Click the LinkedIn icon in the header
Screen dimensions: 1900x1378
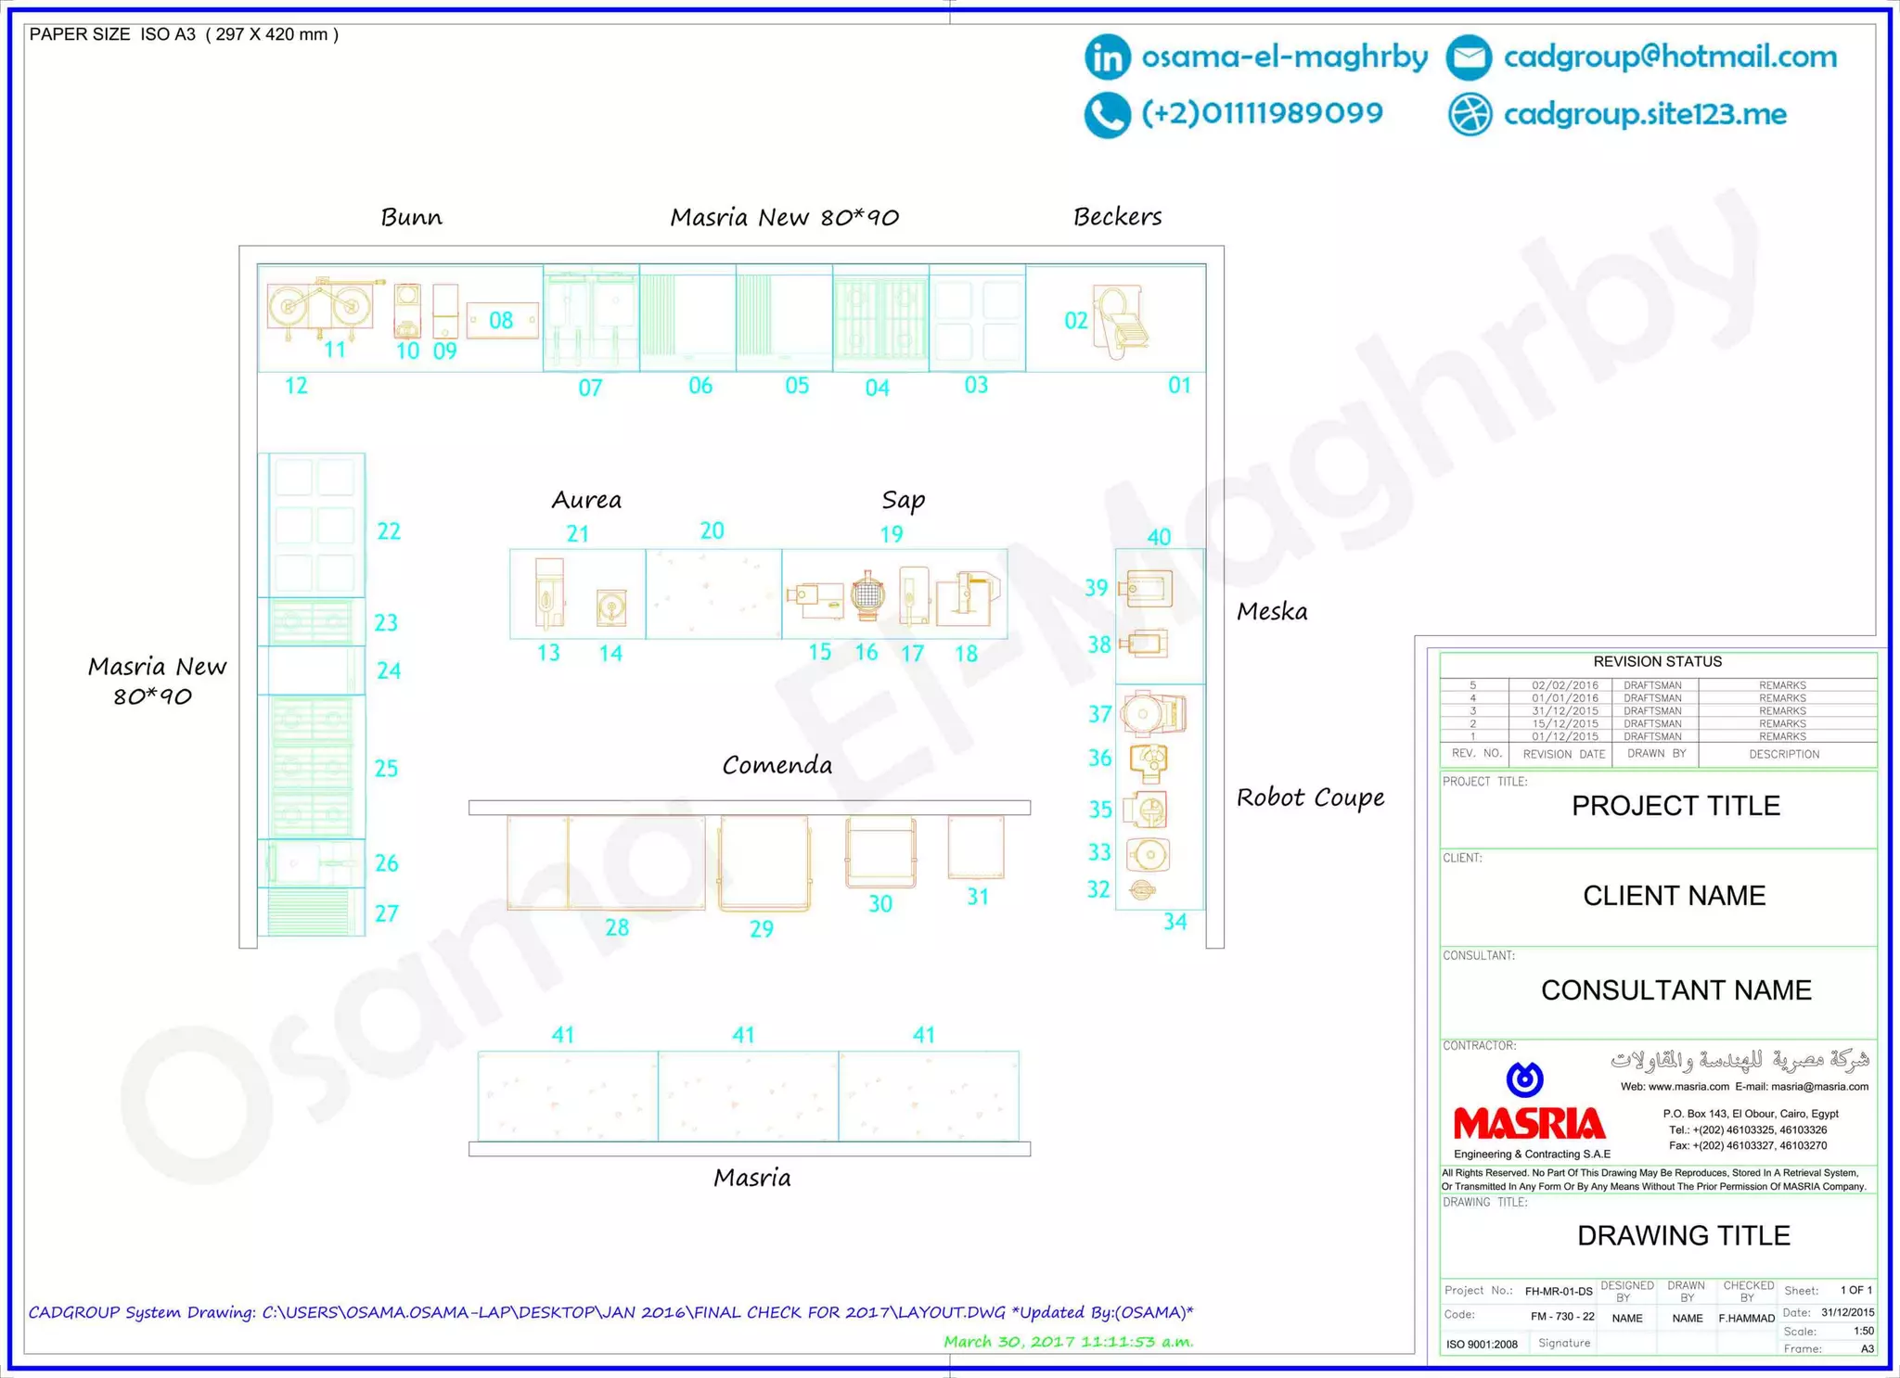1107,57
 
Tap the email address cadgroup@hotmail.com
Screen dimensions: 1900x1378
1670,57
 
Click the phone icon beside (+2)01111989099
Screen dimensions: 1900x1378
1107,115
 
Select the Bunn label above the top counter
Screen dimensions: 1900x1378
411,217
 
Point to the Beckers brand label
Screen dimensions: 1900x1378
1117,217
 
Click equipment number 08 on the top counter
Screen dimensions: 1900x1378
501,321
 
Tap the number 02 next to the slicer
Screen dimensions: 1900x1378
1075,321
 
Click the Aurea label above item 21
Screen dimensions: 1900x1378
586,501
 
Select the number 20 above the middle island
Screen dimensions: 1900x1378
712,530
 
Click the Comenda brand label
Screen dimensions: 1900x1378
777,766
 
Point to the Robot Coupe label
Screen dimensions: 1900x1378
1310,797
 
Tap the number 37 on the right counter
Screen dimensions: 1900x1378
1099,714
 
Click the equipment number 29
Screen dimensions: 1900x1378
762,929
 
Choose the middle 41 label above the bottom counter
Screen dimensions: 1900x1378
743,1035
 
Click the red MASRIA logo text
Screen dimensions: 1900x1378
1529,1124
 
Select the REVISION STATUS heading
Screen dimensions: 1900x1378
1657,662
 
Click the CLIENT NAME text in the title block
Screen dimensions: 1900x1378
1674,896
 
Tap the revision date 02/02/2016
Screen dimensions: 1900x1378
1565,685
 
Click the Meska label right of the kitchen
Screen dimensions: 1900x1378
1272,612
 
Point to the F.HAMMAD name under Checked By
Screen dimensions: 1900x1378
1746,1318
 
